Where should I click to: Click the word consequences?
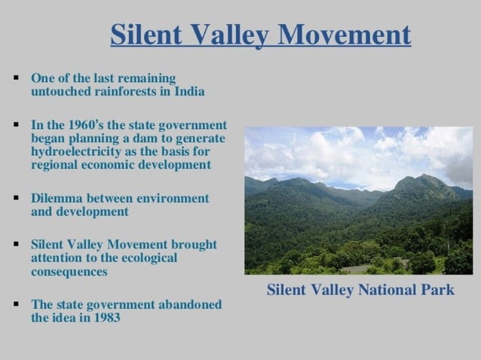[69, 271]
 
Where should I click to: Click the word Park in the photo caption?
[438, 290]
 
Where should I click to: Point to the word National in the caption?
[384, 290]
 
